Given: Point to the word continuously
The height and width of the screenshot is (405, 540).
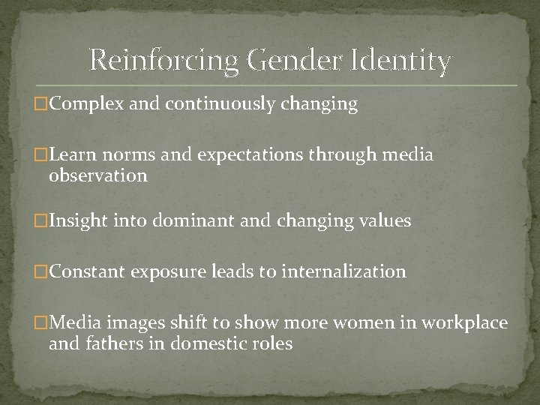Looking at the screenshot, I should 213,104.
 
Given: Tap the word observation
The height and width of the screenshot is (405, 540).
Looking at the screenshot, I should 97,176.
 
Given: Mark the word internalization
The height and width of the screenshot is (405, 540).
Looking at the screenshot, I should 343,271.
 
